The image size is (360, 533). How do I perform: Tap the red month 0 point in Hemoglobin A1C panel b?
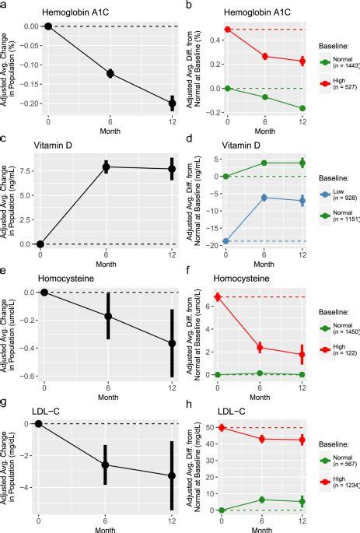point(227,30)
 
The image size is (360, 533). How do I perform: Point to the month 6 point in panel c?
point(107,167)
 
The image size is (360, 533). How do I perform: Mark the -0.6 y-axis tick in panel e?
point(30,375)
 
